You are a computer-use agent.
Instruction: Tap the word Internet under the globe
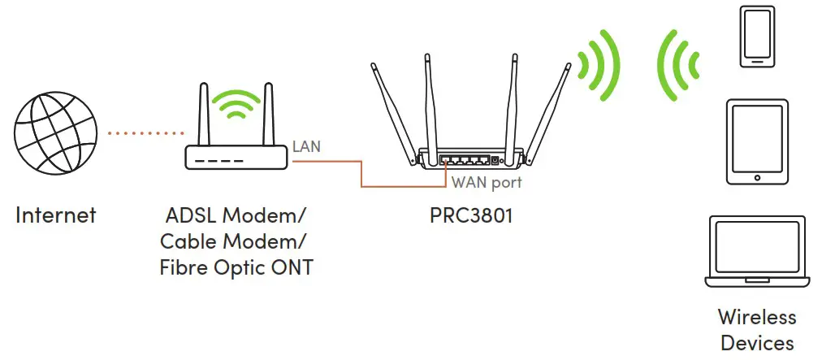click(x=55, y=215)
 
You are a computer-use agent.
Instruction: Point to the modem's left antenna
click(x=203, y=114)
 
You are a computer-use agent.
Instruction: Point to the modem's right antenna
click(x=266, y=114)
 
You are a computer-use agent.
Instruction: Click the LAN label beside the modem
click(x=306, y=147)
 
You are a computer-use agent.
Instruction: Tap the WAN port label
click(x=487, y=183)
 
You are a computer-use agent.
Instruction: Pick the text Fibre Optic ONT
click(x=236, y=267)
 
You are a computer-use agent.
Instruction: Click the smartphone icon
click(x=755, y=37)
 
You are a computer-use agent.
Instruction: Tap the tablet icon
click(x=756, y=142)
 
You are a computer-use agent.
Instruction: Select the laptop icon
click(x=756, y=252)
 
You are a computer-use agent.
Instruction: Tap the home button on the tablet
click(x=756, y=178)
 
